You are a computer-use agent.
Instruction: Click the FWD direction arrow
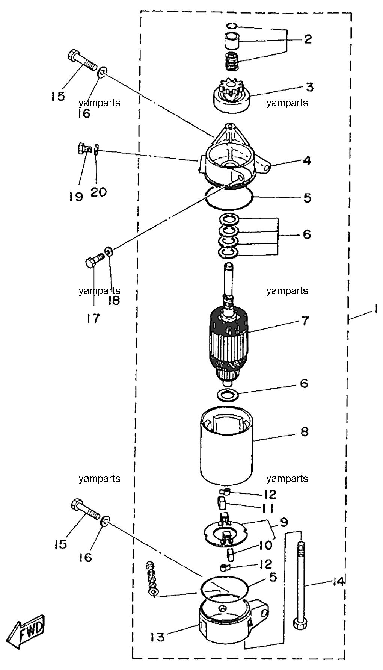coord(26,632)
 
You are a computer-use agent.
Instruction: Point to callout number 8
coord(304,432)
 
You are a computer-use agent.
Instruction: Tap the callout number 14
coord(338,582)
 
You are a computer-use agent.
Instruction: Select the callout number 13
coord(158,637)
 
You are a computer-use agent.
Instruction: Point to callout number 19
coord(76,197)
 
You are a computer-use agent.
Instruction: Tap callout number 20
coord(99,192)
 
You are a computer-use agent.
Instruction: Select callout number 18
coord(114,300)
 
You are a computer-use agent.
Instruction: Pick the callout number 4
coord(307,160)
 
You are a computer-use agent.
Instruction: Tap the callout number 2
coord(308,39)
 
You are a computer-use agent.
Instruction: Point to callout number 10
coord(265,545)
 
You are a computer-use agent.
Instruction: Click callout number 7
coord(305,321)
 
